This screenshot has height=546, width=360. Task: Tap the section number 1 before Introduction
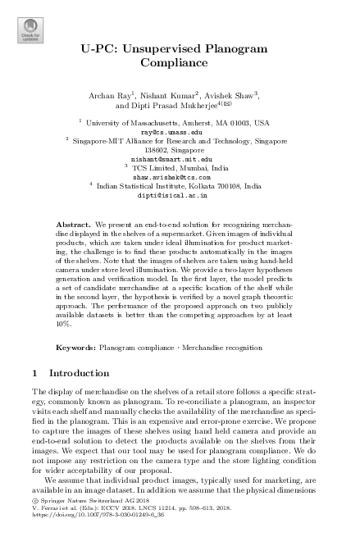click(34, 373)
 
